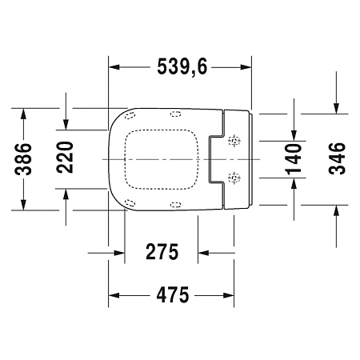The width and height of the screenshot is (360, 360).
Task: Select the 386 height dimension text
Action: click(25, 158)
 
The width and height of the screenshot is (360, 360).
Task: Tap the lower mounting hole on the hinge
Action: click(234, 174)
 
